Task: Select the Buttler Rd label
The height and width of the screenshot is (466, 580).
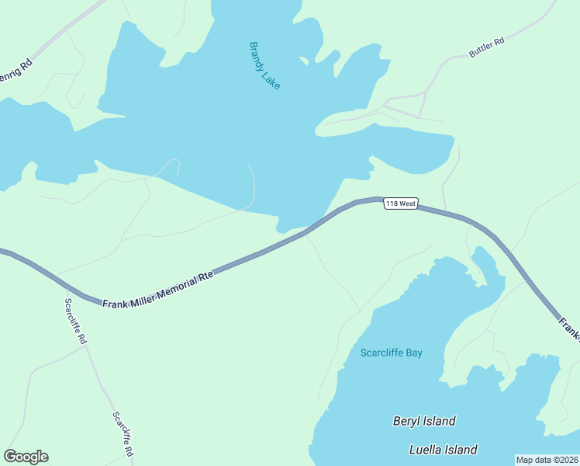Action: pyautogui.click(x=486, y=47)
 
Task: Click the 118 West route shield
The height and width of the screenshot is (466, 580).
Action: pyautogui.click(x=401, y=203)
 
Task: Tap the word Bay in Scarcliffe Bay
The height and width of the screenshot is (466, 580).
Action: pyautogui.click(x=414, y=353)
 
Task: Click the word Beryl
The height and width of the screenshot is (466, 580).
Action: pyautogui.click(x=406, y=421)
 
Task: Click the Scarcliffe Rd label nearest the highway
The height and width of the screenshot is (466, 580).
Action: pyautogui.click(x=76, y=322)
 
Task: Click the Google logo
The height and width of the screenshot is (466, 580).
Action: pyautogui.click(x=26, y=457)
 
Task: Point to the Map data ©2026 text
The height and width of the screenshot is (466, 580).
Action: pyautogui.click(x=547, y=460)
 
